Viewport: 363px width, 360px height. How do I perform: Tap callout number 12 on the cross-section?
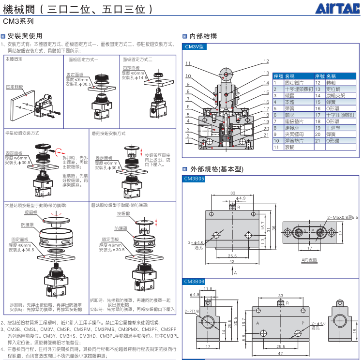coord(266,61)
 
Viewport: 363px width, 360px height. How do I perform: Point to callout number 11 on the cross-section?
coord(188,63)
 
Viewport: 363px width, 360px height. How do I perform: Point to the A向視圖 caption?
coord(309,260)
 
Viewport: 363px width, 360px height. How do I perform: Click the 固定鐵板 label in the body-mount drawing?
coord(15,87)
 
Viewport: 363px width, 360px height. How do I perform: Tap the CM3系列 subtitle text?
coord(19,21)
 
